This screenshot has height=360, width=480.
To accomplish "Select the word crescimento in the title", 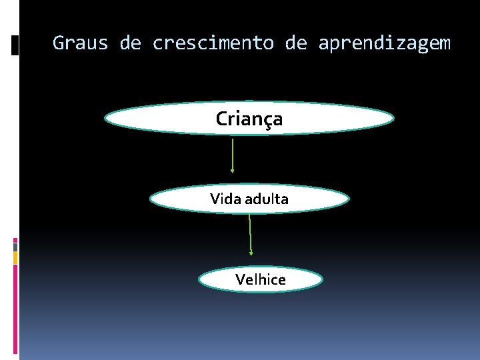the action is tap(213, 44).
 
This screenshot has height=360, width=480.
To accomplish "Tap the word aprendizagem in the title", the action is tap(384, 44).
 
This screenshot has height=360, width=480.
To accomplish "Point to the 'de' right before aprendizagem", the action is tap(296, 44).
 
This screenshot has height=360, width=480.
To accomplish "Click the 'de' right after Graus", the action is tap(131, 44).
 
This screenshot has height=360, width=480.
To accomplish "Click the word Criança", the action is tap(249, 119).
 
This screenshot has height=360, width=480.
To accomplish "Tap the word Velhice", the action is tap(261, 279).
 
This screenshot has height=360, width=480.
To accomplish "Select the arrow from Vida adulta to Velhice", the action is tap(250, 233).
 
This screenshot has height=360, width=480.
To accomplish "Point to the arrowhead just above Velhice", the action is tap(251, 253).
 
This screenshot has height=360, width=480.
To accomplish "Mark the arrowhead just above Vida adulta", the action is tap(233, 171).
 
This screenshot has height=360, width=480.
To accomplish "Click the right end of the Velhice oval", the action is tap(321, 279).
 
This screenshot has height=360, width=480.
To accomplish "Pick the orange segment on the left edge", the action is tap(15, 257).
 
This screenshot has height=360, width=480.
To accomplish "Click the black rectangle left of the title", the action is tap(15, 45).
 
